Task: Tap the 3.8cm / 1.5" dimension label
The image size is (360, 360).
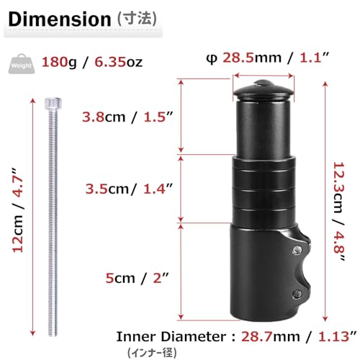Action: [x=127, y=117]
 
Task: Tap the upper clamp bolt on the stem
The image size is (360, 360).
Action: [x=296, y=249]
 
